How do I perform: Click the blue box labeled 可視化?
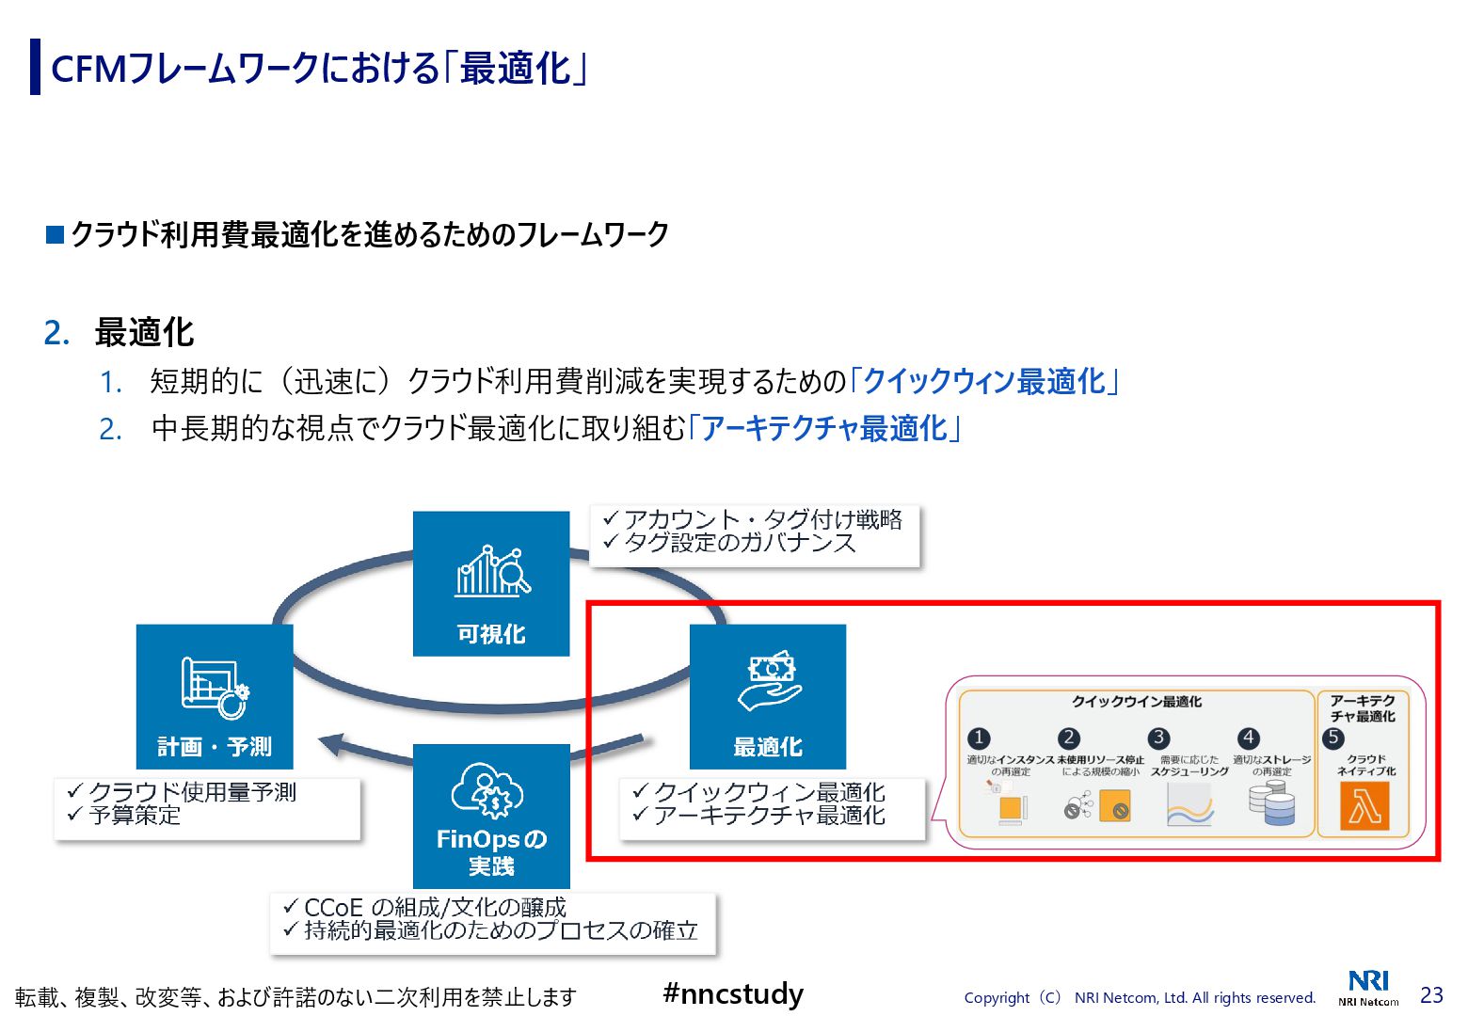491,583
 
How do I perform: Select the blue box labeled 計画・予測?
215,696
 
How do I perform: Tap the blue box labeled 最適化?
768,696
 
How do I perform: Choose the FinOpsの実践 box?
491,816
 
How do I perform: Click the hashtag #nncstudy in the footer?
733,993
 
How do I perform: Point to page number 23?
1431,995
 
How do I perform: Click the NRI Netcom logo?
1368,988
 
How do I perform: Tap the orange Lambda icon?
1364,806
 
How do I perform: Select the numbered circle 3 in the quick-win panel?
1159,738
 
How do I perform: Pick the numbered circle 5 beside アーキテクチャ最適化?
1332,738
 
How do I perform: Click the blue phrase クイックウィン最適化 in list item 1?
984,381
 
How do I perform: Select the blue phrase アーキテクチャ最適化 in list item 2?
824,428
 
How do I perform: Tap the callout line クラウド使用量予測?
192,792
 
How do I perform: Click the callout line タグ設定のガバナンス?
740,543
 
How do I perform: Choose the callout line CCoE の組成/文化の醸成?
435,907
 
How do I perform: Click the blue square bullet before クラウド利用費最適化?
55,234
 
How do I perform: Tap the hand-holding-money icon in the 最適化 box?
770,680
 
